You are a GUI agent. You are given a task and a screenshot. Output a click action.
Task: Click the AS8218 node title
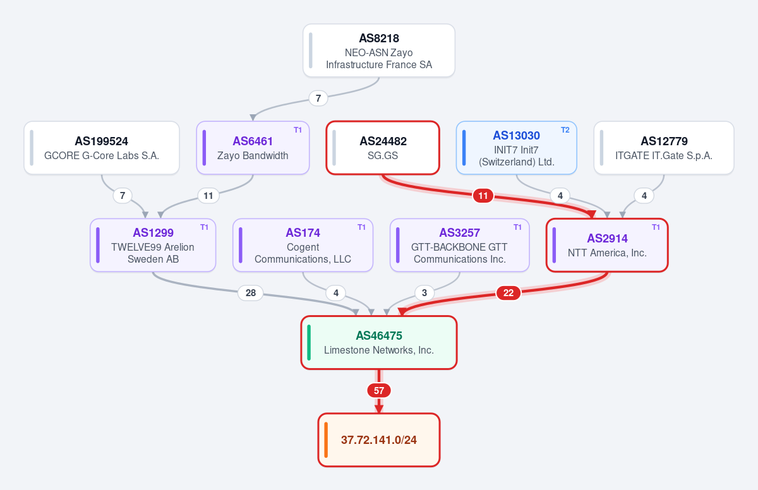(378, 39)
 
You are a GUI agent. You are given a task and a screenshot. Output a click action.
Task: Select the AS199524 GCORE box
(102, 148)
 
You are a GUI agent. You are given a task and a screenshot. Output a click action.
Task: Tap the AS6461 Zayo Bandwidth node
(253, 148)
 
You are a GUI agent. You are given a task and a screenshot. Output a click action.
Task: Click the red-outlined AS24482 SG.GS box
(383, 148)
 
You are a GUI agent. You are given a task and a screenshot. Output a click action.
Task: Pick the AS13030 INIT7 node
(517, 148)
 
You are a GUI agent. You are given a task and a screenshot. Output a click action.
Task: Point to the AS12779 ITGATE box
(664, 148)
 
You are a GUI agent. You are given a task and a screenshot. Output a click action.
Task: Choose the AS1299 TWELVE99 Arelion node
(153, 245)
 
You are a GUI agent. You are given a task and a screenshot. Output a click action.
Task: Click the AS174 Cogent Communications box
(303, 245)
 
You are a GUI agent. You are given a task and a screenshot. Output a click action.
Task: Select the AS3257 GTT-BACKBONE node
(460, 245)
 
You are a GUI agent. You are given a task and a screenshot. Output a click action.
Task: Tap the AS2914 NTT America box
(607, 245)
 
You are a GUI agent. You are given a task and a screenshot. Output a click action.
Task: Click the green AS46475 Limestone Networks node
(379, 343)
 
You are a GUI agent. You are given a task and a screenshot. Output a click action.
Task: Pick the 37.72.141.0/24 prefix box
(379, 440)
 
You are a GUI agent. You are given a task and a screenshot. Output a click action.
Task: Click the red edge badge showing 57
(379, 391)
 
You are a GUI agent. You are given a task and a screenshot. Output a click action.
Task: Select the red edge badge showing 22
(508, 293)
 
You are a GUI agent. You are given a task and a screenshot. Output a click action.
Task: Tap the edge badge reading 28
(250, 293)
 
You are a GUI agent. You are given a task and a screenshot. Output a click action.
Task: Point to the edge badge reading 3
(424, 293)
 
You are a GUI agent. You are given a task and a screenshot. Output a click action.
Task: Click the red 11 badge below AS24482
(483, 196)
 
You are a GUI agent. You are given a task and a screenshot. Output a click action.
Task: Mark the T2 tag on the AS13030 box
(565, 130)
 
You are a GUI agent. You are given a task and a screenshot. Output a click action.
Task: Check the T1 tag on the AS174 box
(361, 227)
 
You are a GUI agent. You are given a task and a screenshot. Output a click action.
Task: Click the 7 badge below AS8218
(318, 99)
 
